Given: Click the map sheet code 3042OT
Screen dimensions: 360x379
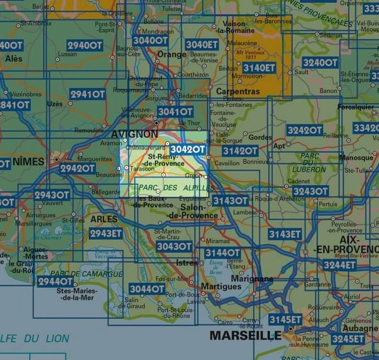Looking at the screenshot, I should pyautogui.click(x=188, y=149).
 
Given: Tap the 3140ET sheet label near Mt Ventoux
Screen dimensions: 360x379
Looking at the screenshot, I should pyautogui.click(x=259, y=67).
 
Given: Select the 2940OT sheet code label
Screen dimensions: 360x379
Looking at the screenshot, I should pyautogui.click(x=85, y=46).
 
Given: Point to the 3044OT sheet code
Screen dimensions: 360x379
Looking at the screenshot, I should pyautogui.click(x=147, y=289).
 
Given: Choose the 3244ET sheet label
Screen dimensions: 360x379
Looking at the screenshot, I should pyautogui.click(x=339, y=265).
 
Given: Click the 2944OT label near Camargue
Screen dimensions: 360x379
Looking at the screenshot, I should pyautogui.click(x=55, y=282).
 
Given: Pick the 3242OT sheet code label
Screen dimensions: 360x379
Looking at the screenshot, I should pyautogui.click(x=304, y=130).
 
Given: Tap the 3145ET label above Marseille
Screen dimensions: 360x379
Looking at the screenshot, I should pyautogui.click(x=285, y=319).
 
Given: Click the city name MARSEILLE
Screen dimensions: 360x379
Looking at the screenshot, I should pyautogui.click(x=245, y=335).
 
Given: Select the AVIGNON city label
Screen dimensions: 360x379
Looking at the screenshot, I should pyautogui.click(x=134, y=134).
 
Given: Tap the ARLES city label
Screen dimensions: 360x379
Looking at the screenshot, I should pyautogui.click(x=104, y=219).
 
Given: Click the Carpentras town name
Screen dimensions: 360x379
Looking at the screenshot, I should pyautogui.click(x=238, y=92).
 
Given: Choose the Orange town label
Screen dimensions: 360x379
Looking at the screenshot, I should pyautogui.click(x=171, y=54).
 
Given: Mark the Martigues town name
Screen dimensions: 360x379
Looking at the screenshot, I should pyautogui.click(x=221, y=286).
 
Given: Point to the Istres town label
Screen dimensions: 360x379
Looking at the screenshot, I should pyautogui.click(x=187, y=262).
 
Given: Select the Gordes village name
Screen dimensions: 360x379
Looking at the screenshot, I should pyautogui.click(x=260, y=138).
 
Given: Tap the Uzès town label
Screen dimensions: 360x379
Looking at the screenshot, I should pyautogui.click(x=54, y=104).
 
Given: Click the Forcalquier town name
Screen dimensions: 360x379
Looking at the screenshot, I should pyautogui.click(x=356, y=107).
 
